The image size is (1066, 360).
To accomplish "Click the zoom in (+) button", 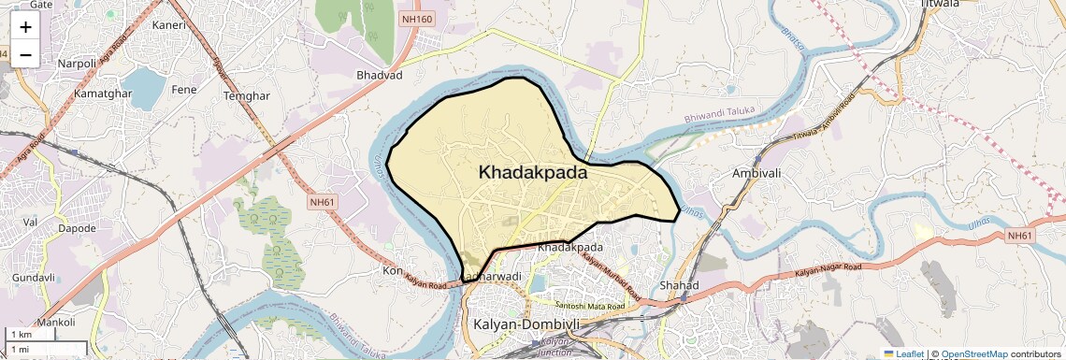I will (x=25, y=26).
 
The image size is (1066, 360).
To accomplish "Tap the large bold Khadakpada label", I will (x=533, y=172).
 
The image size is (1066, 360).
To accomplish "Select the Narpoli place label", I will (x=77, y=64).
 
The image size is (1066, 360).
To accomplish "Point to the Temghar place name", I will (x=247, y=95).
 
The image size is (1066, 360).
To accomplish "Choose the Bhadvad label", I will (x=379, y=74).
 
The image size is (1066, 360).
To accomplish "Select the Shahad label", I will (x=679, y=284).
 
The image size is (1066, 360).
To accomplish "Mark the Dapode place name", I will (x=77, y=228).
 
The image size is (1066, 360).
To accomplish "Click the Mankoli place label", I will (x=55, y=322).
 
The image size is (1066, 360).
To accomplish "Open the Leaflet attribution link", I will (x=903, y=353).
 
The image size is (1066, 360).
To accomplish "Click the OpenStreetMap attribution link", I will (x=973, y=353).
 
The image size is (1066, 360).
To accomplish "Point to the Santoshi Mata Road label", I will (x=589, y=306).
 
